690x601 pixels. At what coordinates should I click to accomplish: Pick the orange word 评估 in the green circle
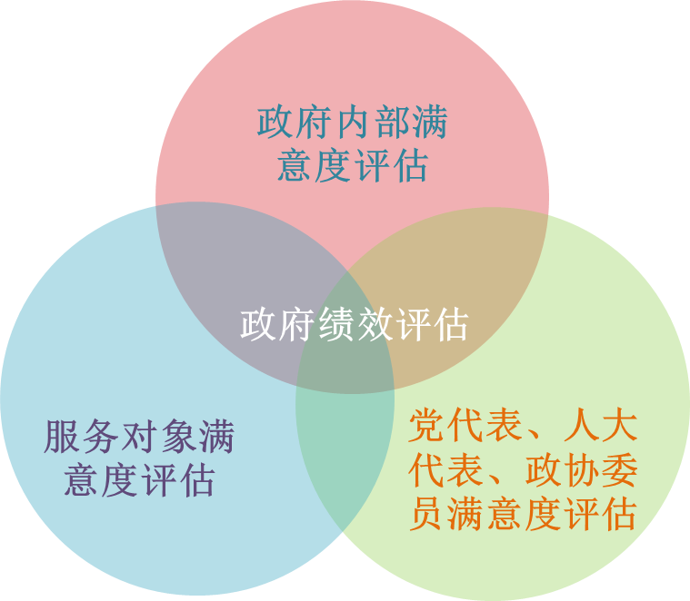pos(599,515)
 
